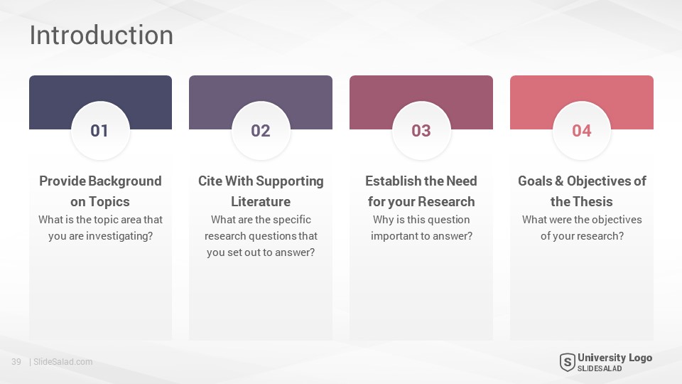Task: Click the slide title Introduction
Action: [x=102, y=35]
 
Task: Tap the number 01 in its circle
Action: [x=99, y=131]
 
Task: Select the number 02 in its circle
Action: [x=261, y=131]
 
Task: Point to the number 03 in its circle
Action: [x=421, y=131]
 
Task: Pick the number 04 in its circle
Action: [x=582, y=131]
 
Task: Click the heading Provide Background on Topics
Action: [x=100, y=191]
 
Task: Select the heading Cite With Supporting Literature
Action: [x=261, y=191]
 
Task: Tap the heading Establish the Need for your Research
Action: [x=421, y=191]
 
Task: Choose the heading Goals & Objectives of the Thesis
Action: [x=582, y=191]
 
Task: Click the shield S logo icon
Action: [x=567, y=362]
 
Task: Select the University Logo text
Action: [x=615, y=358]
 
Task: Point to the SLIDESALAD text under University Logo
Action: [x=600, y=369]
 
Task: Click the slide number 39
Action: [x=16, y=362]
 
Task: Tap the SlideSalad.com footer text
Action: [x=63, y=362]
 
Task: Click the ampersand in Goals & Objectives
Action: [x=559, y=181]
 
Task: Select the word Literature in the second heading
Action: [x=261, y=201]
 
